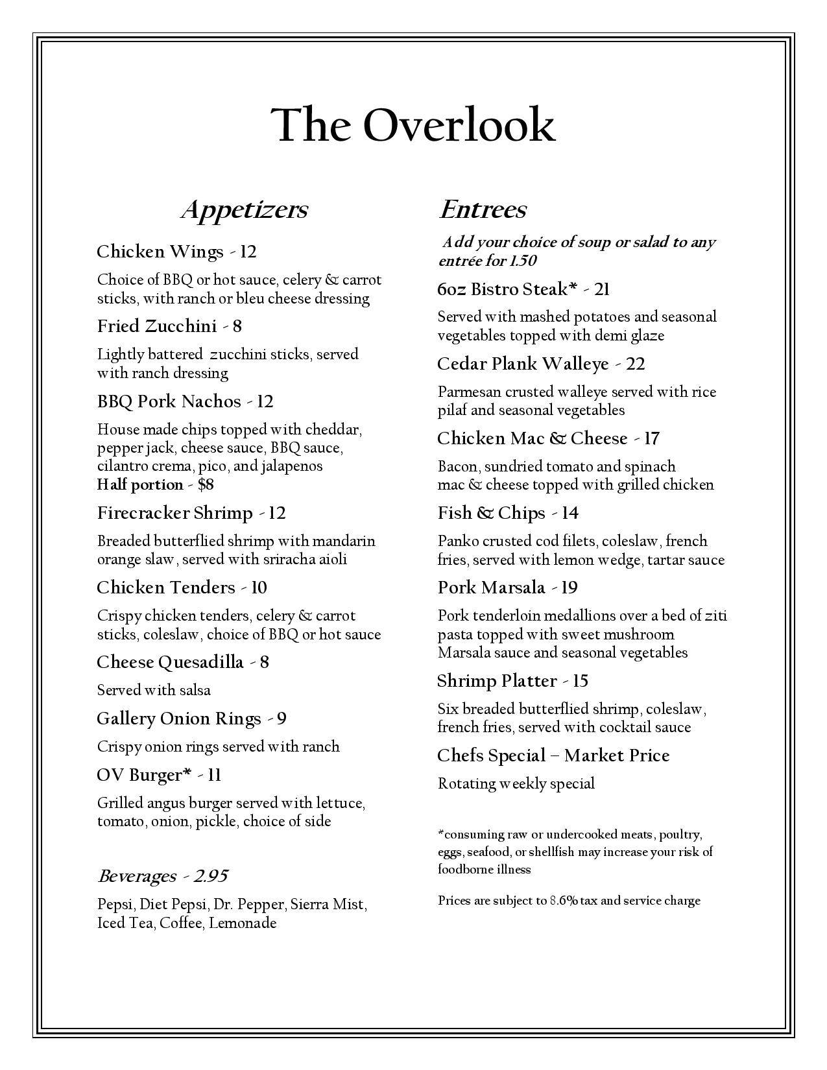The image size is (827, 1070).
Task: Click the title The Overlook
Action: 413,125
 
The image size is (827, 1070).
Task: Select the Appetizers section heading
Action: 244,209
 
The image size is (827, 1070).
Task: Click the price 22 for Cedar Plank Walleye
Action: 636,364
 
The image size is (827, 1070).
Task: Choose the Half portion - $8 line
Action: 156,484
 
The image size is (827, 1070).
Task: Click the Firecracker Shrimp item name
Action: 174,514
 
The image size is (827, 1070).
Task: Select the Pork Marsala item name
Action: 491,588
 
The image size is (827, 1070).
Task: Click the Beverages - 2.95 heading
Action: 162,877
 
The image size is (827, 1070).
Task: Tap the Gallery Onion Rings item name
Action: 178,719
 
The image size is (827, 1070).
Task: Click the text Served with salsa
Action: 154,690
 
